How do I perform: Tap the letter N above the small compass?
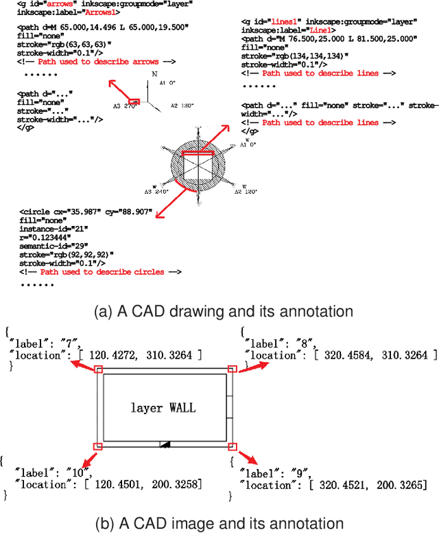154,73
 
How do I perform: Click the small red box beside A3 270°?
134,102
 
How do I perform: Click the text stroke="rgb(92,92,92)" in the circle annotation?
67,253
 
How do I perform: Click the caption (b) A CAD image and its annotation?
219,522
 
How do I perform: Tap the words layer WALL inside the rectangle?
163,407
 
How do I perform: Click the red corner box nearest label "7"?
99,370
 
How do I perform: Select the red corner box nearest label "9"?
232,446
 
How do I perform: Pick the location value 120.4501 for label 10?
114,485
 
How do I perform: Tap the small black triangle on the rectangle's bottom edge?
164,445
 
